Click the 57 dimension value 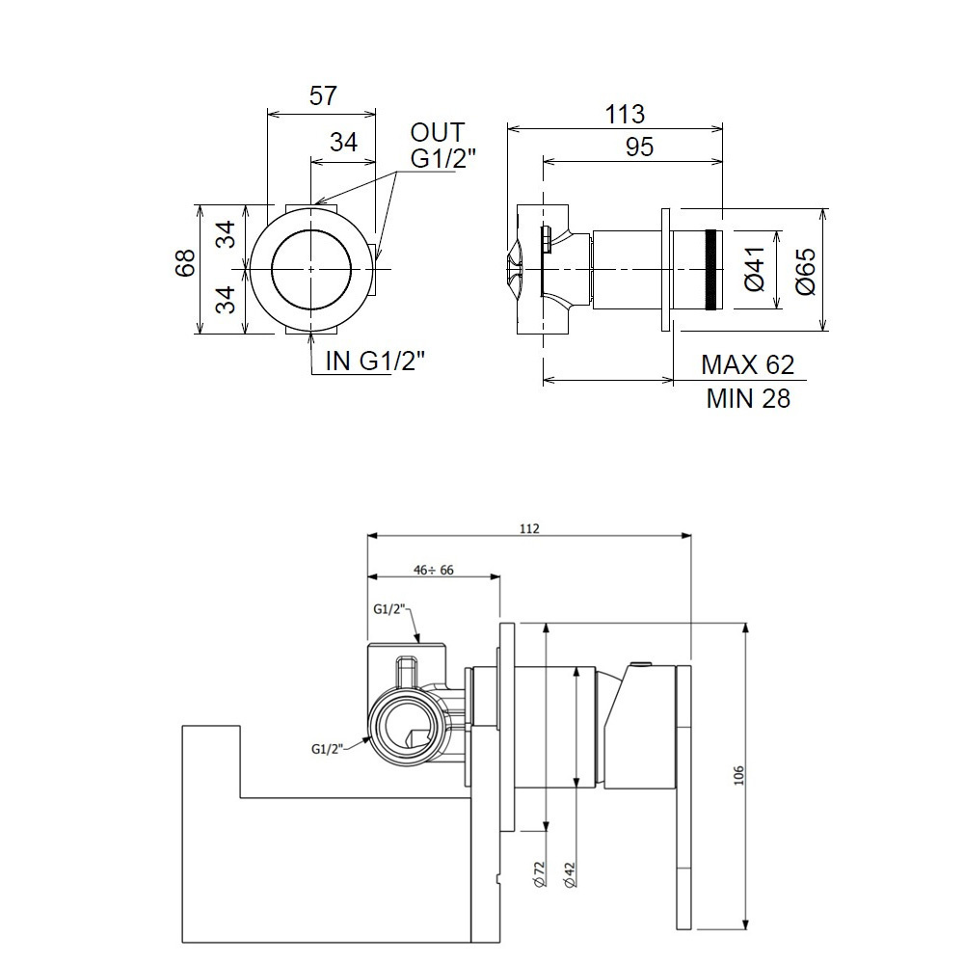pos(323,95)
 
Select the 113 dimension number pos(625,115)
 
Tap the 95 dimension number pos(639,147)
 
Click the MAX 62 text pos(748,365)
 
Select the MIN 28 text pos(748,398)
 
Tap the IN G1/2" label pos(375,361)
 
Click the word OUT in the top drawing pos(438,132)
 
